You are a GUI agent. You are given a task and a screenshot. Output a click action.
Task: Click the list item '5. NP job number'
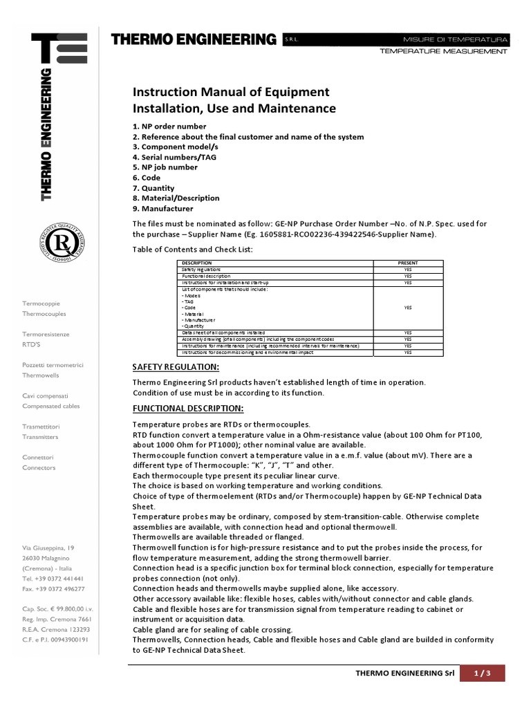coord(165,167)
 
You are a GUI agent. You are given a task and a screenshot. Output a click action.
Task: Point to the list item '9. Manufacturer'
coord(162,208)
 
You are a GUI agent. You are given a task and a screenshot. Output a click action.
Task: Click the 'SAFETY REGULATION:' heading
coord(176,366)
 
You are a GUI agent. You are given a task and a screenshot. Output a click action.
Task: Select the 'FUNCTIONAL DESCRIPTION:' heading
coord(187,408)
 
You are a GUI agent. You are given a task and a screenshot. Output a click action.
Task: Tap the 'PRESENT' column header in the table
coord(408,263)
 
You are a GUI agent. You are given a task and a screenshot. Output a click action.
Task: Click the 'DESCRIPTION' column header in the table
coord(196,263)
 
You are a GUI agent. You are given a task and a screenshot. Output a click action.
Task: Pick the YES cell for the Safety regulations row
coord(408,270)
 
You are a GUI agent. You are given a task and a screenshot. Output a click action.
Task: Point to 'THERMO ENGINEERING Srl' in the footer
coord(404,673)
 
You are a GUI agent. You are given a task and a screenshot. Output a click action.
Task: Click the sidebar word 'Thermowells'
coord(41,375)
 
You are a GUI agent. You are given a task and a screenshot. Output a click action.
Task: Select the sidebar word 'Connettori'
coord(38,458)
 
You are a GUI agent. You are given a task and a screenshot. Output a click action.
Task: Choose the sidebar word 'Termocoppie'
coord(44,303)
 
